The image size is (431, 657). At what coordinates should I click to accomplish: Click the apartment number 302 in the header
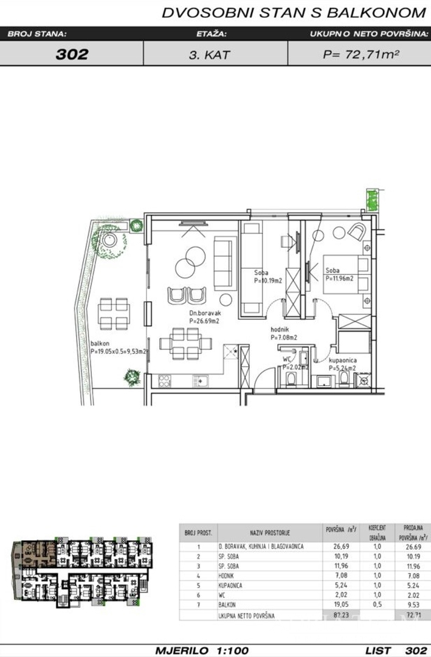[72, 54]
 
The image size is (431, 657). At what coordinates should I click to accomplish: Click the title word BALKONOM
[377, 12]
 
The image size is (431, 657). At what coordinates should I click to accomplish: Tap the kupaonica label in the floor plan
[343, 360]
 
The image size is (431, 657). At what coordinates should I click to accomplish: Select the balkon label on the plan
[100, 342]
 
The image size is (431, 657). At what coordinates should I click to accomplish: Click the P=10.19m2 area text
[269, 281]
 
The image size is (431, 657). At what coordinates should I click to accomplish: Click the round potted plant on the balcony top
[109, 241]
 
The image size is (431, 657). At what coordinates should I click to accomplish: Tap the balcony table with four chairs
[113, 313]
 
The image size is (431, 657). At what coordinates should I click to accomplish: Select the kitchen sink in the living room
[201, 381]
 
